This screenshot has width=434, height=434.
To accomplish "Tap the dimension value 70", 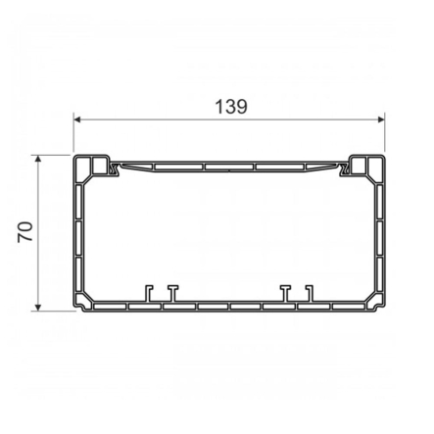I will coord(25,232).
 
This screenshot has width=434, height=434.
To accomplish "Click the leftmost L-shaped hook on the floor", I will coord(148,293).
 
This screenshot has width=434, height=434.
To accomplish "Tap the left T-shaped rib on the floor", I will coord(170,293).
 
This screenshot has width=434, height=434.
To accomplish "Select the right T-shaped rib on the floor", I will coord(285,293).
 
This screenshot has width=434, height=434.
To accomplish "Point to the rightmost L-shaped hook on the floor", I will coord(309,293).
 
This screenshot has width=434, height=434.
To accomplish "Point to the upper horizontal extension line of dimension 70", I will coord(54,154).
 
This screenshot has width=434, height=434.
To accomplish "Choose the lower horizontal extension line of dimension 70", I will coord(54,312).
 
